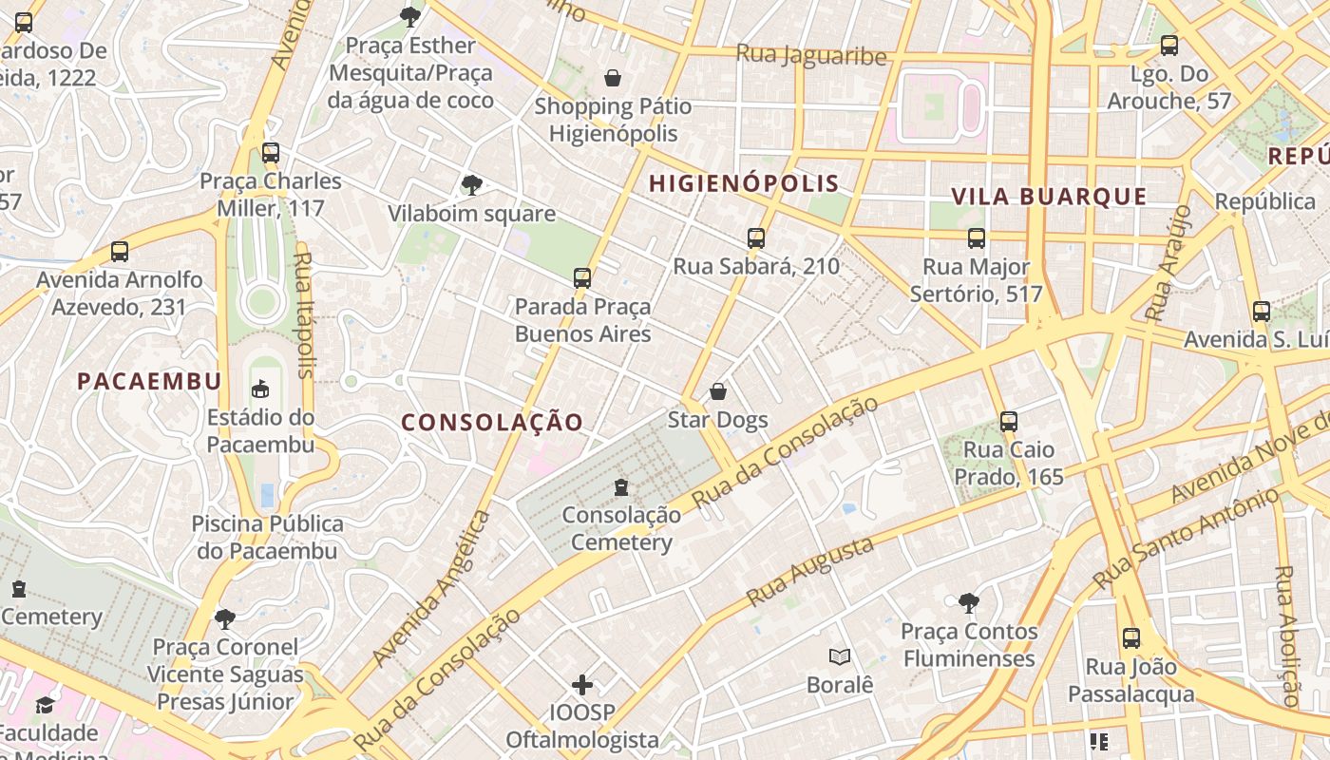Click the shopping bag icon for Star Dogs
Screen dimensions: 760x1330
pos(718,391)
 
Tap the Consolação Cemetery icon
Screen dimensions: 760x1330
pos(621,487)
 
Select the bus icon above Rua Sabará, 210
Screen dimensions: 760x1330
pos(756,238)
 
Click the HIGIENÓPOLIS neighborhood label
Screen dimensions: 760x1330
pos(744,183)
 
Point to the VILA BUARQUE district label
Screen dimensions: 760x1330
pos(1049,197)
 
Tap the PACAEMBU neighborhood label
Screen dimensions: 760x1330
pos(149,381)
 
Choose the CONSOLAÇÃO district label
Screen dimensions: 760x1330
pos(492,423)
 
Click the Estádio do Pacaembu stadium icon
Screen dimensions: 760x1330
pos(260,389)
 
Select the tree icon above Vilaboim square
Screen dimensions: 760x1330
pos(471,185)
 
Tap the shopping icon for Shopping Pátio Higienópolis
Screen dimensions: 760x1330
pos(613,78)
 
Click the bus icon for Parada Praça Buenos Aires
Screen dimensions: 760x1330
pos(582,278)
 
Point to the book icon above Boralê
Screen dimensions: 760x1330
pos(839,656)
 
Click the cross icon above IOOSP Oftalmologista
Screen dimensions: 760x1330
pos(582,684)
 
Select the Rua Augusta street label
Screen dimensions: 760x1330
pos(810,572)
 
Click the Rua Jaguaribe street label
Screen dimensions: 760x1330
pos(811,55)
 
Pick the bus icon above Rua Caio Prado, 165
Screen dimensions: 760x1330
pos(1009,421)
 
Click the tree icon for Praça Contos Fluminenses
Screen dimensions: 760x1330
pos(968,602)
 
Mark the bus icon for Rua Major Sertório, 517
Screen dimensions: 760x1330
pos(977,238)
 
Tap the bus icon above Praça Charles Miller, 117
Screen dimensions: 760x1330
pos(271,152)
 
